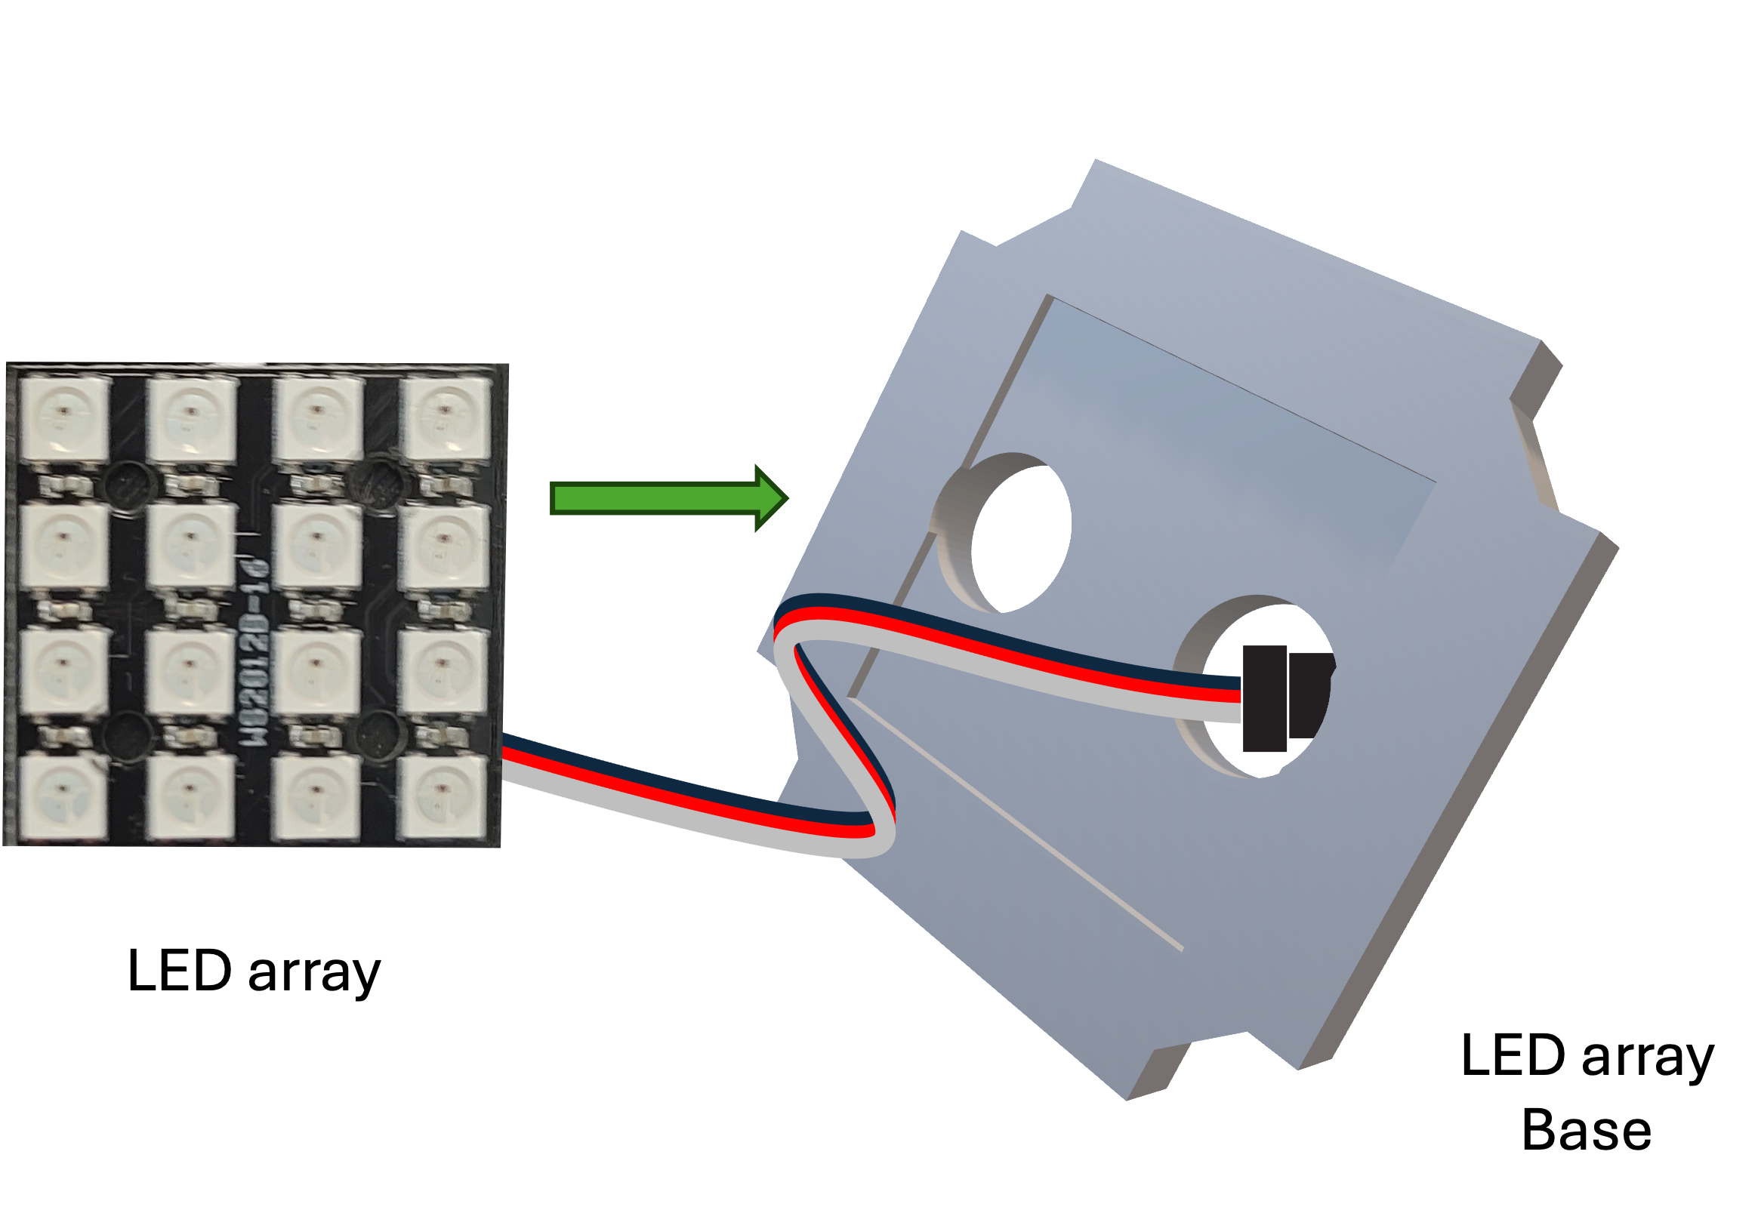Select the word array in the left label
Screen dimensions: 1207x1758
pyautogui.click(x=314, y=972)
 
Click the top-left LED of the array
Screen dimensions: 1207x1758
pyautogui.click(x=64, y=418)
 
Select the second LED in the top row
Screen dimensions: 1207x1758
pyautogui.click(x=191, y=418)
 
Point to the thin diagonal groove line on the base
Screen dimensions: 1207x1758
pyautogui.click(x=1017, y=824)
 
